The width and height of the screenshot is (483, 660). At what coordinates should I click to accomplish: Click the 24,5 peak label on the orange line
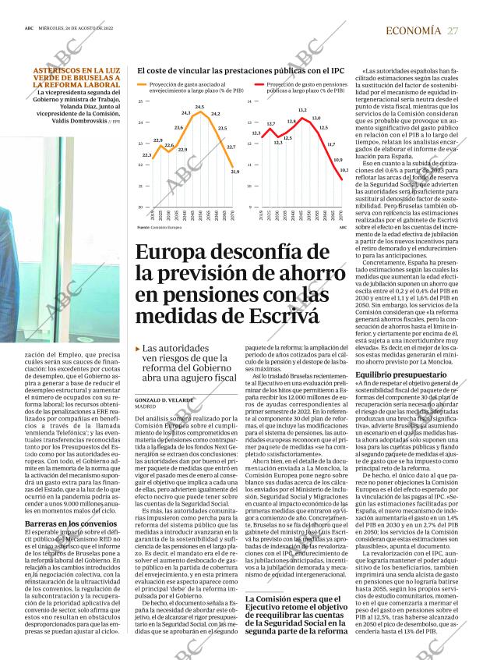(x=199, y=107)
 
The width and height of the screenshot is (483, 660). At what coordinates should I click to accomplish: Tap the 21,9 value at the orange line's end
(x=235, y=172)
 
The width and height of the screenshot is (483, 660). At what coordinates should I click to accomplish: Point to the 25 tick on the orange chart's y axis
(x=140, y=102)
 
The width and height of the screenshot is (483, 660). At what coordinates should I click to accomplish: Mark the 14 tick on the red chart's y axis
(x=249, y=102)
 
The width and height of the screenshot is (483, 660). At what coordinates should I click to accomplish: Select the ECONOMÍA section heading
(x=413, y=30)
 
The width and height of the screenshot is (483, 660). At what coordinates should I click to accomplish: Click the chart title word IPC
(x=337, y=70)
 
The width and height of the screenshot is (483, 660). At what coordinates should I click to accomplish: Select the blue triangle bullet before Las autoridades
(x=138, y=349)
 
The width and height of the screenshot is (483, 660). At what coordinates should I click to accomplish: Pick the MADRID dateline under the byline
(x=146, y=406)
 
